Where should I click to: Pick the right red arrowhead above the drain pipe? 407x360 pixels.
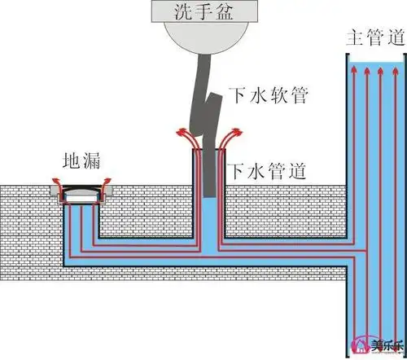239,130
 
